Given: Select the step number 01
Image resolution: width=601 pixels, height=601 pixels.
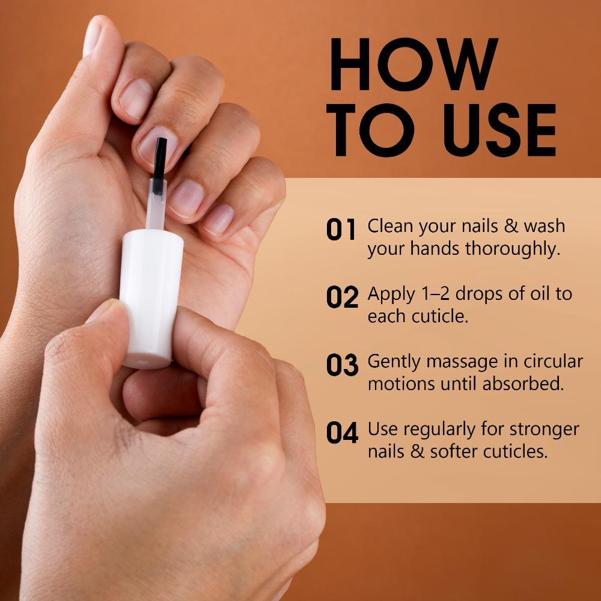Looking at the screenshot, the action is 341,230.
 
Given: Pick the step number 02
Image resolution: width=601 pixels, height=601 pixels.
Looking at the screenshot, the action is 343,297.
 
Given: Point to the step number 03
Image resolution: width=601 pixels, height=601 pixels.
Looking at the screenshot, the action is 343,365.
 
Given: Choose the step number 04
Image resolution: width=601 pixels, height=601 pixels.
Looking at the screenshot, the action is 343,432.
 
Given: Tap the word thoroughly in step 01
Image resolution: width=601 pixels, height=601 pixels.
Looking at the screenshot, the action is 513,249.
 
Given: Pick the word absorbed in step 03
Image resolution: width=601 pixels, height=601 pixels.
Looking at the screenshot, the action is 523,384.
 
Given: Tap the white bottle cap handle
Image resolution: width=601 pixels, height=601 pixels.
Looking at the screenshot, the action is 151,299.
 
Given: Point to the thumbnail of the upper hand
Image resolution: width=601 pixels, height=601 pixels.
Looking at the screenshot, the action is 93,35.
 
